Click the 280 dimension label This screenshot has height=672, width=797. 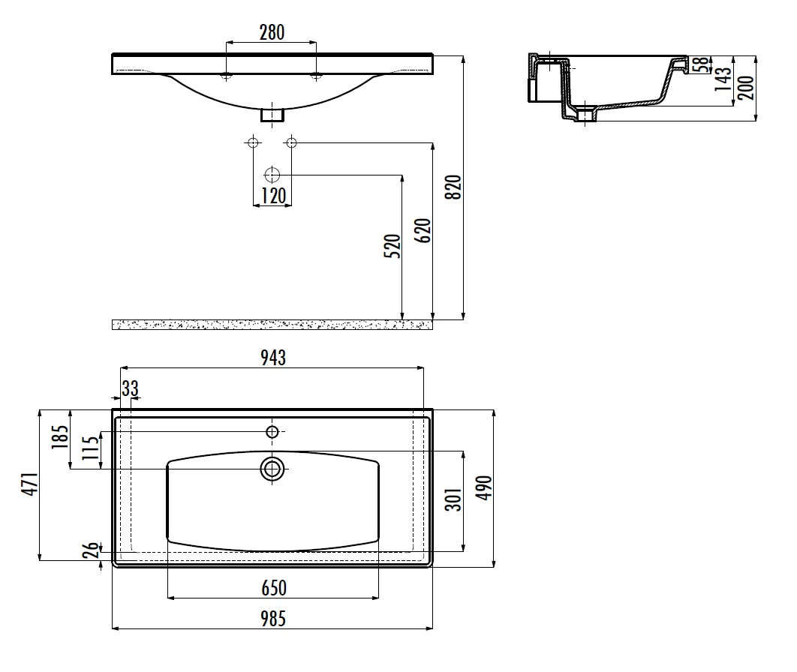coord(272,32)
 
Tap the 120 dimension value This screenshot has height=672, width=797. coord(273,196)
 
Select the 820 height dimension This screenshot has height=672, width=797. coord(453,187)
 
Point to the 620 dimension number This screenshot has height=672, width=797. coord(423,230)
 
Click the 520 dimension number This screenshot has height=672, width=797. coord(392,246)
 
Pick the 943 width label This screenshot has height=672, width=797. coord(273,358)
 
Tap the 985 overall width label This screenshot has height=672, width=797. coord(273,619)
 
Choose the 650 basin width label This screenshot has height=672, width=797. coord(274,588)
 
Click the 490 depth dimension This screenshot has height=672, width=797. coord(484,487)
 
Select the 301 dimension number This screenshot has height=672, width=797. coord(453,499)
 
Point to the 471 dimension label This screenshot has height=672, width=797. coord(29,484)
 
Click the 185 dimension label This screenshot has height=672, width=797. coord(59,436)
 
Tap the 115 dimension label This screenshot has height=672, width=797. coord(91,448)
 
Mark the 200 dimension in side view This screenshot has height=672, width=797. coord(746,87)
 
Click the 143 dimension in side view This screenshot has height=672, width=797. coord(723,79)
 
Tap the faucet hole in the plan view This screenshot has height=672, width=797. coord(272,432)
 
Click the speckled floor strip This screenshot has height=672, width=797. coord(272,325)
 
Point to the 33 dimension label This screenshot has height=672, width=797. coord(130,388)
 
